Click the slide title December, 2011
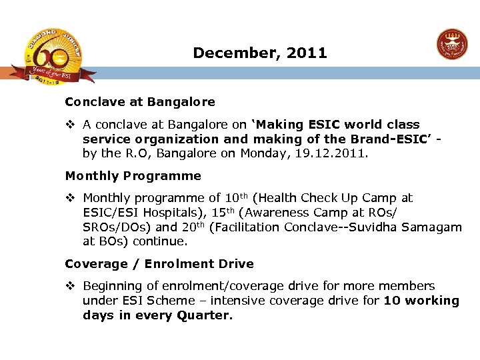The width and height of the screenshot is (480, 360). [260, 53]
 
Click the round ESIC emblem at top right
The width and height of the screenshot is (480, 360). [452, 45]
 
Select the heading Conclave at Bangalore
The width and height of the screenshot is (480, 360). [140, 103]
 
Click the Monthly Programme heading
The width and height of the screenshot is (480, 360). [133, 176]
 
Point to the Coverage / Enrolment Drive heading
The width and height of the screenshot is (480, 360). [159, 264]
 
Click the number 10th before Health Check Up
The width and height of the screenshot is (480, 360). [237, 198]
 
